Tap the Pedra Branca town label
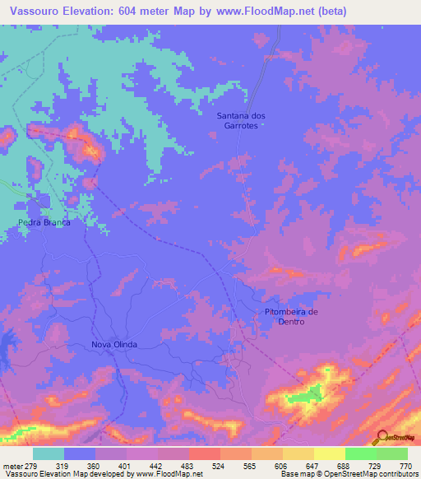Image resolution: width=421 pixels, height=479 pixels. (x=44, y=223)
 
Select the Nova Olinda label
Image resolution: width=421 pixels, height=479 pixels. (x=113, y=344)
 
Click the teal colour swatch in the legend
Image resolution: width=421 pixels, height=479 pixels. (x=49, y=453)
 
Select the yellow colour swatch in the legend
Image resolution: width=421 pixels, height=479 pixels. (x=329, y=453)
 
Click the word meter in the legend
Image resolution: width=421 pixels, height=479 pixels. (x=12, y=466)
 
